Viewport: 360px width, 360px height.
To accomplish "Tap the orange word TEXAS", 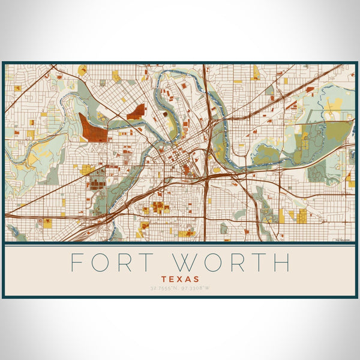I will click(180, 280).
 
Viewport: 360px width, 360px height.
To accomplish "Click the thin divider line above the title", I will click(180, 244).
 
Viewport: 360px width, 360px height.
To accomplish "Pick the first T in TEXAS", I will click(163, 280).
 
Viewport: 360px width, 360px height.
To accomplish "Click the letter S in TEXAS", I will click(197, 280).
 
